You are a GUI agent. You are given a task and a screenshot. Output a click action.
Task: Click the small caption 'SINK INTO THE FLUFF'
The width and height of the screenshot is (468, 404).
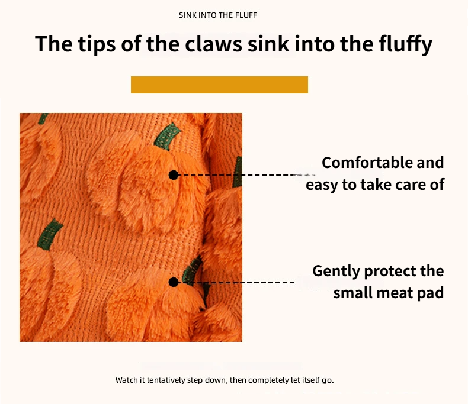pyautogui.click(x=218, y=15)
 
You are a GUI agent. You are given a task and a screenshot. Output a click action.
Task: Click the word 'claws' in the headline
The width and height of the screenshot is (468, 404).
pyautogui.click(x=214, y=44)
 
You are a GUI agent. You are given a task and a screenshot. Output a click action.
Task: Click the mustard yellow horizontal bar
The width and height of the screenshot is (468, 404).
pyautogui.click(x=219, y=85)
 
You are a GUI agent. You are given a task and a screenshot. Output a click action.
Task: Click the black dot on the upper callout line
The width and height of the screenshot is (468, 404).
pyautogui.click(x=174, y=175)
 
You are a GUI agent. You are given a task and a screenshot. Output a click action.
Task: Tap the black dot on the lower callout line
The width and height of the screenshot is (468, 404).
pyautogui.click(x=174, y=282)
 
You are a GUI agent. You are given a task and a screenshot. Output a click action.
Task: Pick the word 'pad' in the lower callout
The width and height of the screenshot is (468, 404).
pyautogui.click(x=431, y=293)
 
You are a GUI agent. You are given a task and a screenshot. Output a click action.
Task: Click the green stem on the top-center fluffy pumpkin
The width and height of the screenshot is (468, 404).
pyautogui.click(x=168, y=136)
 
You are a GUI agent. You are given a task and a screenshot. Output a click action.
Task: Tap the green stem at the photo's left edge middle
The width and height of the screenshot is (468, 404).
pyautogui.click(x=50, y=234)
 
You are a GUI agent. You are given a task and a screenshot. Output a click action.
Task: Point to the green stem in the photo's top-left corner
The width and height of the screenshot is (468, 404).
pyautogui.click(x=43, y=118)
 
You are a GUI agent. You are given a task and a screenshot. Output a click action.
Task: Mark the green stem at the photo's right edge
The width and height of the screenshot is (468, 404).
pyautogui.click(x=238, y=172)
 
